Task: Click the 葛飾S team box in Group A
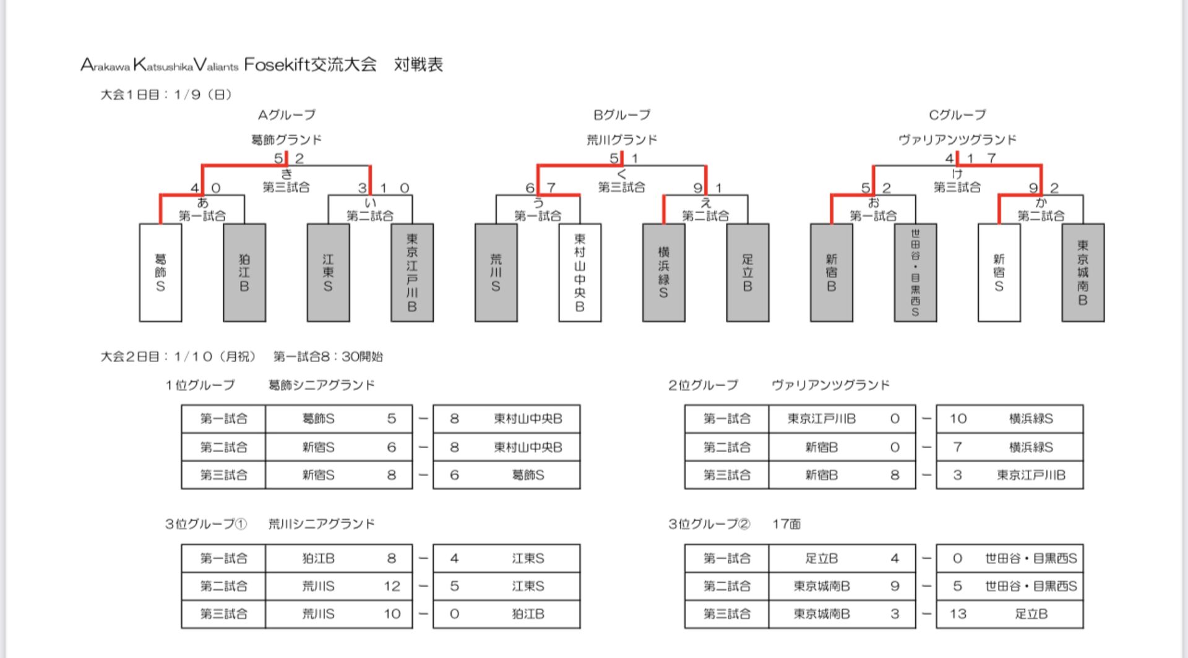[160, 272]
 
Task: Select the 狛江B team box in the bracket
[244, 272]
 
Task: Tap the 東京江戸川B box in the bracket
[412, 272]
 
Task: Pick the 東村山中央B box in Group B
[580, 272]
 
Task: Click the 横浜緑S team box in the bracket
[664, 272]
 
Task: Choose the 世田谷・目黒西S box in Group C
[915, 272]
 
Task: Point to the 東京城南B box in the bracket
[1083, 272]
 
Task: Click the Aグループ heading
[286, 115]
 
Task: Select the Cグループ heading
[957, 115]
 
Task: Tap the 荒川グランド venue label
[622, 140]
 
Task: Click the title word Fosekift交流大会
[310, 64]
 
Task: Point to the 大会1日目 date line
[166, 95]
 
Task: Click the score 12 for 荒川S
[392, 586]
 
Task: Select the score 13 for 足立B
[958, 614]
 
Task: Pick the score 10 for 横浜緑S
[958, 419]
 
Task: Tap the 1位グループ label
[200, 385]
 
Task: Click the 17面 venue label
[786, 524]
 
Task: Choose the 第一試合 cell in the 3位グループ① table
[223, 558]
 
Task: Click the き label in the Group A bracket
[286, 174]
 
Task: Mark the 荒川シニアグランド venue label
[322, 524]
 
